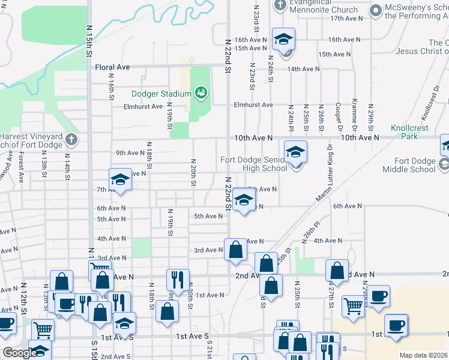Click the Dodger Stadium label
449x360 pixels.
161,93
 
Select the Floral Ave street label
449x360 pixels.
112,68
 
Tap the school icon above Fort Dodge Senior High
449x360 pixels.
295,152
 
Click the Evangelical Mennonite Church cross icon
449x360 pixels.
280,5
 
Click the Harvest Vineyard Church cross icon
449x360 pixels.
71,140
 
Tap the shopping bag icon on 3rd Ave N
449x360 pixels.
235,249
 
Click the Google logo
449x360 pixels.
19,352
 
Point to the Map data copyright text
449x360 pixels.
424,355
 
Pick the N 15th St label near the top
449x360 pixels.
88,41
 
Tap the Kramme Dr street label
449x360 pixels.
355,115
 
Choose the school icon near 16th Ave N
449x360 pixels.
283,40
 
